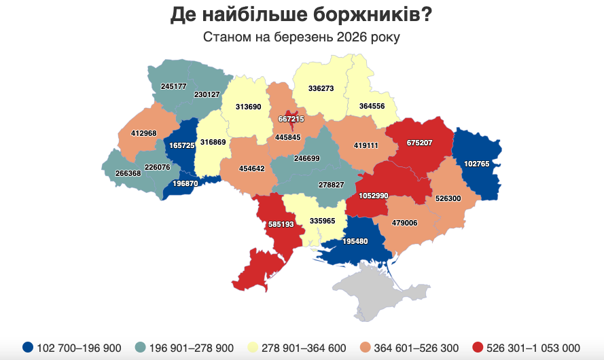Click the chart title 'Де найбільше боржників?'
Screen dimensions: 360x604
[x=302, y=14]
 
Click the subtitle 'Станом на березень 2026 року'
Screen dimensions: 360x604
[x=302, y=37]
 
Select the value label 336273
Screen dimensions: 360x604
[x=321, y=88]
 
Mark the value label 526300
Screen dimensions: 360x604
[x=448, y=199]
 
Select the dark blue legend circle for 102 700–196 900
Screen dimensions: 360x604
[x=27, y=348]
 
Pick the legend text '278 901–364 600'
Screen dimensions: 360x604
[x=304, y=348]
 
